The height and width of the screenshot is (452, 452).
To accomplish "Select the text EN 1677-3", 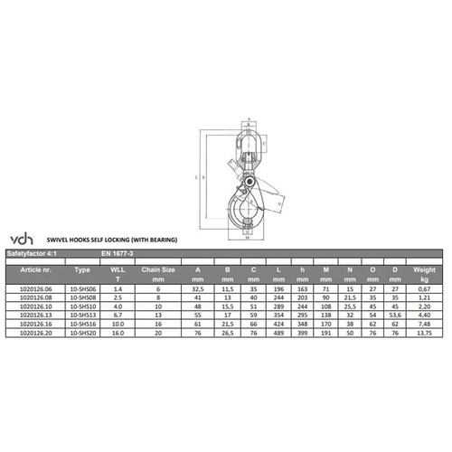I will click(x=115, y=253).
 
